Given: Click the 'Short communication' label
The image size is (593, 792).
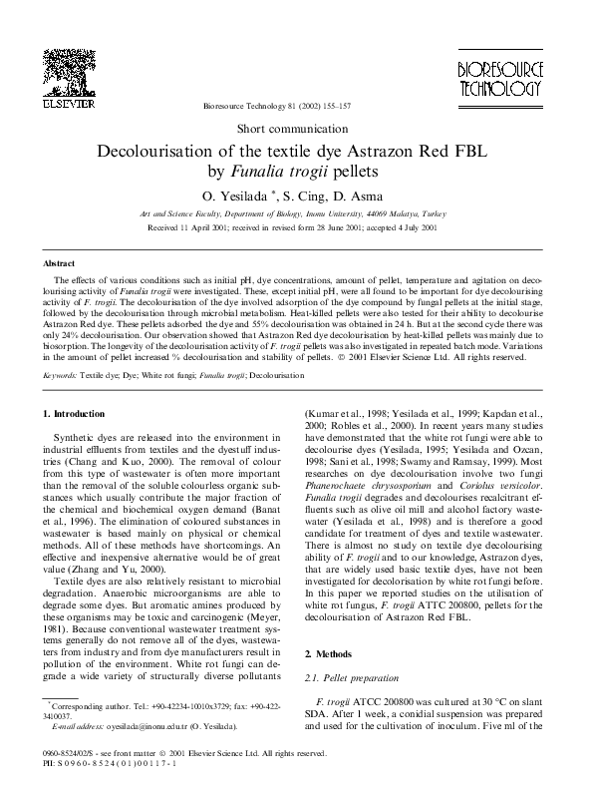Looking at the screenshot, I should point(296,130).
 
